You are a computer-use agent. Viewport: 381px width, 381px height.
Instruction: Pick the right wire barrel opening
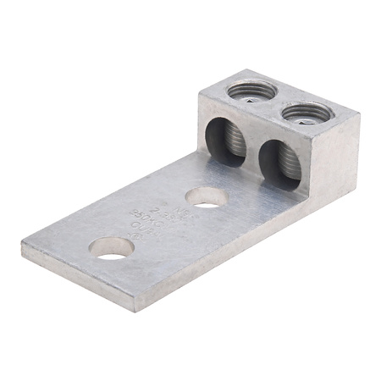pyautogui.click(x=273, y=160)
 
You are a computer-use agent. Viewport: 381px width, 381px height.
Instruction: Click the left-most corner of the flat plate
pyautogui.click(x=23, y=248)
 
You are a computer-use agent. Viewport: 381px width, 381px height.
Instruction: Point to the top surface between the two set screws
pyautogui.click(x=271, y=100)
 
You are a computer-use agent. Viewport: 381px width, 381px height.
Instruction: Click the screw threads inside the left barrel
pyautogui.click(x=226, y=141)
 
